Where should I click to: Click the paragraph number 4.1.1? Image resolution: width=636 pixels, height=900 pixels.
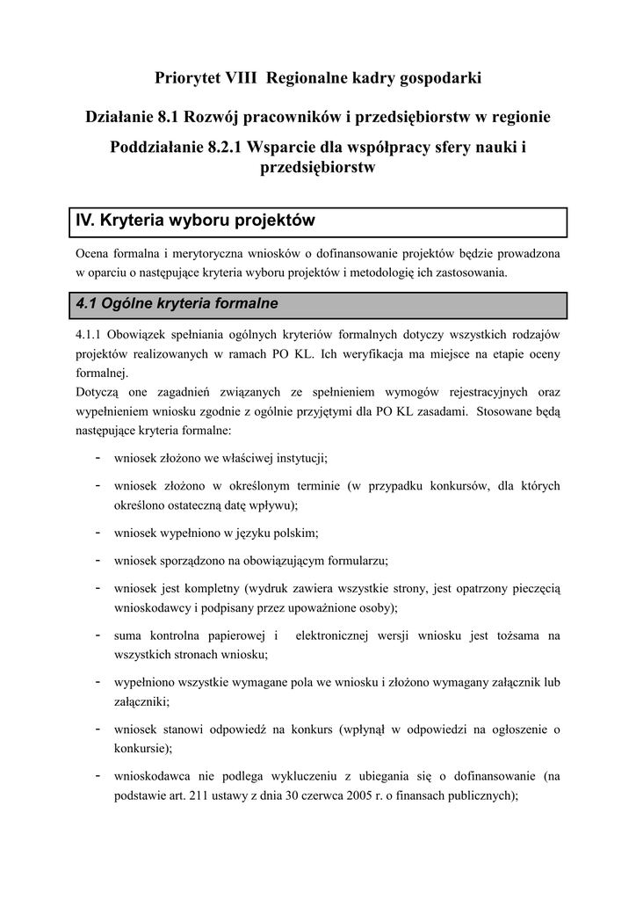(90, 335)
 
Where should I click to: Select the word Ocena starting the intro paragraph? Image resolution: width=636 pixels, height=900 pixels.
(95, 253)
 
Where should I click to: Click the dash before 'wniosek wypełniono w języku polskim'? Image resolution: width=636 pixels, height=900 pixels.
(95, 532)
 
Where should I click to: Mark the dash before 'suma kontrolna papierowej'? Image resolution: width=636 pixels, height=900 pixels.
(95, 634)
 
